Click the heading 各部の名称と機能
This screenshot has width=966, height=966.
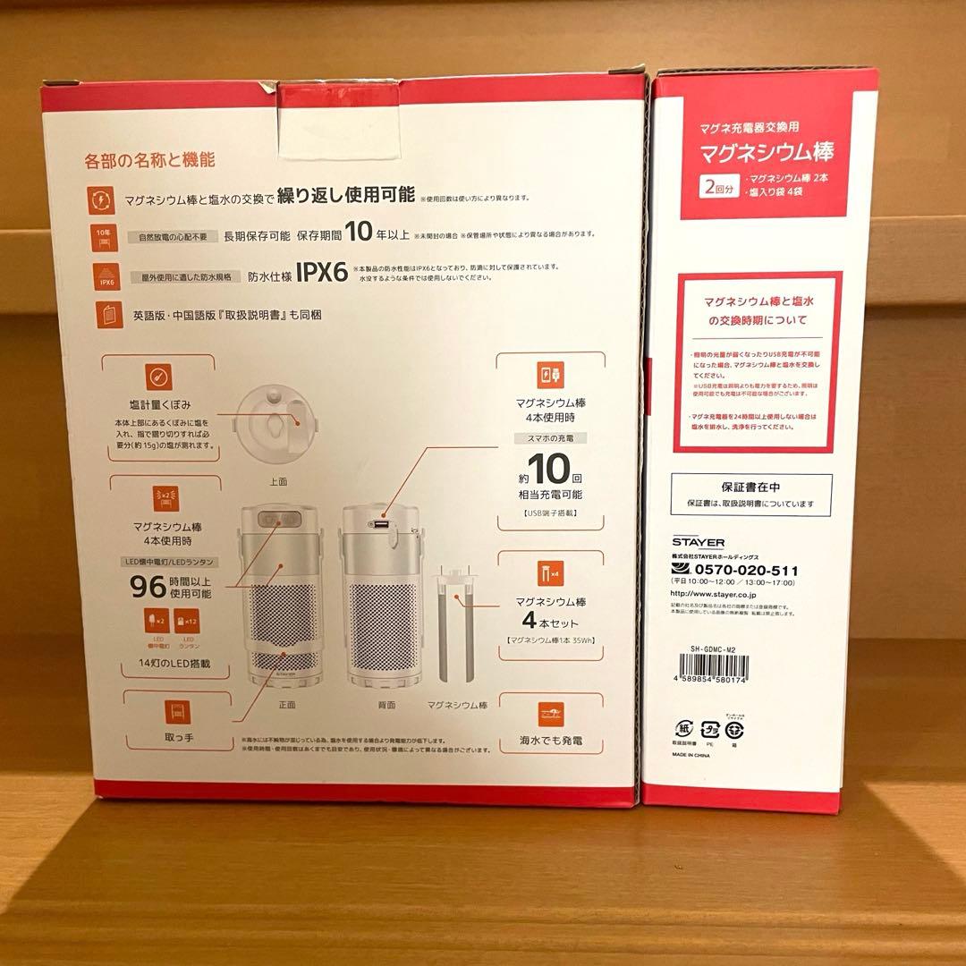(x=149, y=161)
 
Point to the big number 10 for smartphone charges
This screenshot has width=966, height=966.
(x=548, y=470)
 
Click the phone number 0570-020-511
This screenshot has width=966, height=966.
(x=747, y=571)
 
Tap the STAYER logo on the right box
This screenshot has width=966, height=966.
(x=699, y=542)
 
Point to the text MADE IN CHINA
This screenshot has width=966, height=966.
(x=699, y=754)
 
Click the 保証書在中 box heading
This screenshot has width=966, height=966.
(x=751, y=488)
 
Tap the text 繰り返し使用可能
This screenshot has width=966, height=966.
(x=345, y=194)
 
